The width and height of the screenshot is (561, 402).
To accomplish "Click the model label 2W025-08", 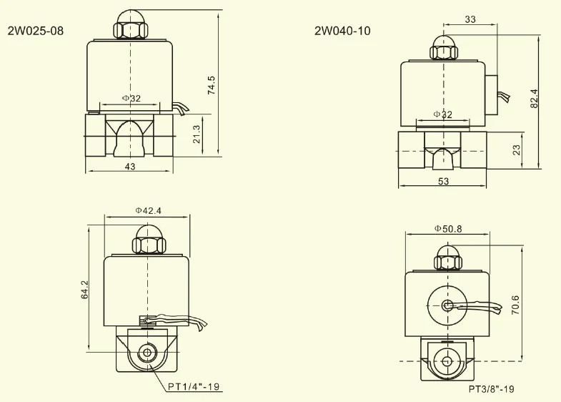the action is click(x=36, y=31).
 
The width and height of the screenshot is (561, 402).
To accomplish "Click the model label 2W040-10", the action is click(x=342, y=31).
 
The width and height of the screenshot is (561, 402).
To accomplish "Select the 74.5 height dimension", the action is click(x=212, y=85).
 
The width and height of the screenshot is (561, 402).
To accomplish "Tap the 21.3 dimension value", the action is click(x=197, y=134).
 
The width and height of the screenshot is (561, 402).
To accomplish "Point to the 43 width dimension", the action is click(x=130, y=167).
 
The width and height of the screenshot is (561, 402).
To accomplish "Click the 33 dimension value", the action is click(x=470, y=19).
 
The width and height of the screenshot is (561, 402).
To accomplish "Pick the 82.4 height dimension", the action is click(x=534, y=99).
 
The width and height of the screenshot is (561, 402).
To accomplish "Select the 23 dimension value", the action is click(x=516, y=149).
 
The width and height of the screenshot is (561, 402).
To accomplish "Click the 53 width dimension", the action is click(x=443, y=182).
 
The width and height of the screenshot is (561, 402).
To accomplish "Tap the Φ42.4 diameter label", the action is click(x=148, y=210).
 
